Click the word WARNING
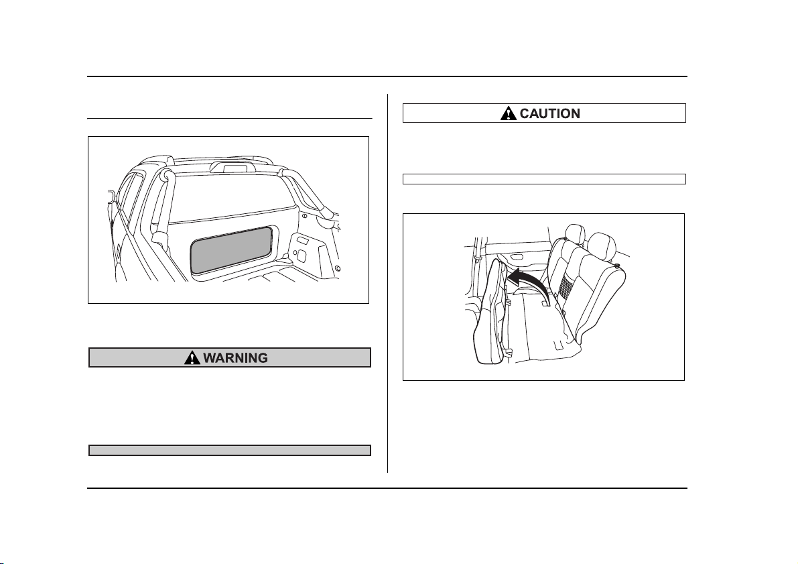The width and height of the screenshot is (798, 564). (x=235, y=357)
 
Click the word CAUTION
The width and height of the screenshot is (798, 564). (x=549, y=113)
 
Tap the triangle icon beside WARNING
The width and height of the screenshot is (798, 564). (x=192, y=357)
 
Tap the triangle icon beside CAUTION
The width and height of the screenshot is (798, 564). (x=508, y=113)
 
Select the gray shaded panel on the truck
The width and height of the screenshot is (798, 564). (x=232, y=249)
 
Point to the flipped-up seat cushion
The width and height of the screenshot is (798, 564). (x=490, y=312)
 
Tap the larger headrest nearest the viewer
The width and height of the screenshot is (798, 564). (x=602, y=245)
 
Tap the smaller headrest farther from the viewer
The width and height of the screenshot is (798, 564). (x=575, y=233)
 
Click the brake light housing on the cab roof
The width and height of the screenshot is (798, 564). (x=232, y=166)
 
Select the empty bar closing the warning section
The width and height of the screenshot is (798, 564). (x=230, y=451)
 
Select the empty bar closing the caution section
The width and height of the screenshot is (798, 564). (x=544, y=179)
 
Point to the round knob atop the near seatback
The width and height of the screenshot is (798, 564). (x=617, y=266)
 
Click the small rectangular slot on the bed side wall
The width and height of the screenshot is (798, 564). (x=302, y=239)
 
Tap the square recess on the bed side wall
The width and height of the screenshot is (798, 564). (x=300, y=253)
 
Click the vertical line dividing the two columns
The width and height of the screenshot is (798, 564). (x=387, y=283)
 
